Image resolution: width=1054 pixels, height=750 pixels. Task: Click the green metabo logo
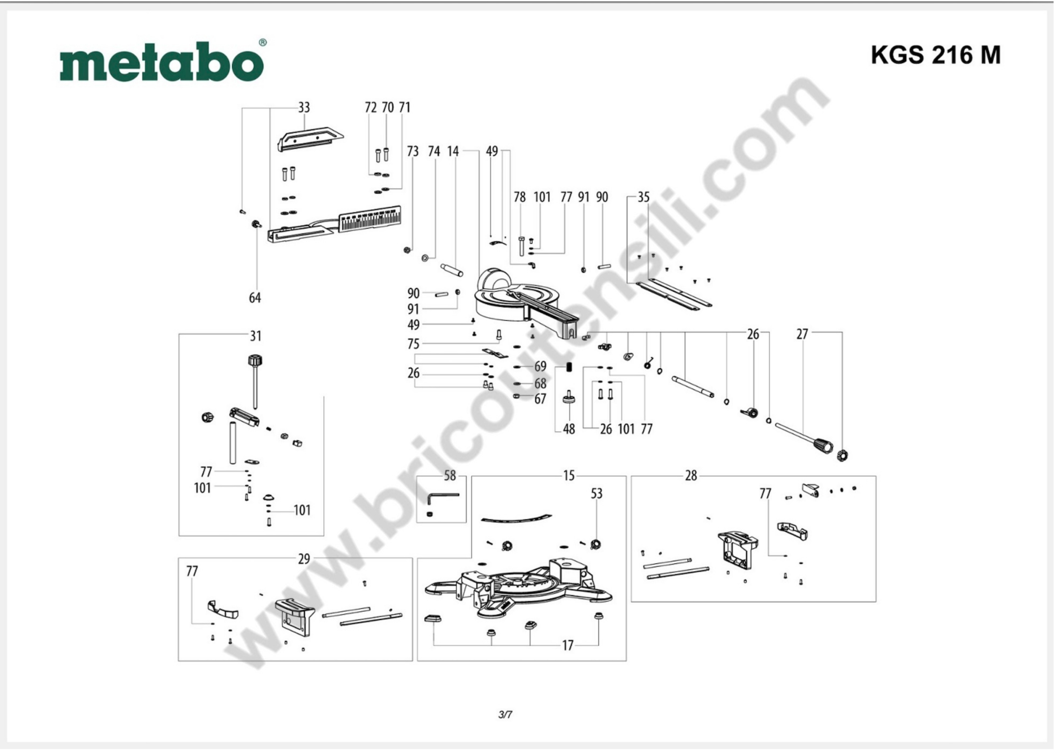click(162, 62)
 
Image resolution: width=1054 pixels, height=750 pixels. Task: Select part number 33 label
click(303, 108)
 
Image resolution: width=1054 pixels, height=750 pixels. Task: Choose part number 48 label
click(569, 429)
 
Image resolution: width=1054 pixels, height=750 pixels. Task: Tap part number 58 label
click(449, 476)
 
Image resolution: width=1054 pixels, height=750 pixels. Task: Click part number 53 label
click(597, 494)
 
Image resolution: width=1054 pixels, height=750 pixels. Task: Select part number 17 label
click(568, 645)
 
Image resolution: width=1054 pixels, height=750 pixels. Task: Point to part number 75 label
click(413, 344)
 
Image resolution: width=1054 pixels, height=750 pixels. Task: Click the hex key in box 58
click(442, 498)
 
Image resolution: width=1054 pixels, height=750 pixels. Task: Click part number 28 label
click(691, 476)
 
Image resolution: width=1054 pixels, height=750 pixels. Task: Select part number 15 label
click(569, 476)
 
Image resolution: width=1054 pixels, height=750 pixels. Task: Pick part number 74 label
click(434, 151)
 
